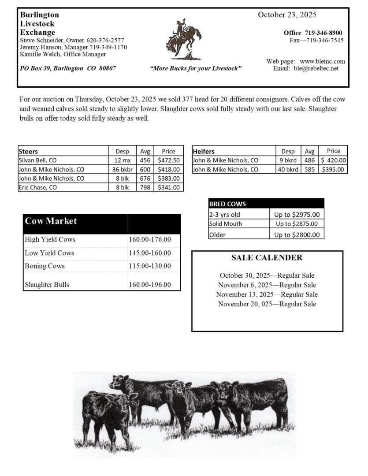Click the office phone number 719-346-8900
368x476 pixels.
(x=323, y=33)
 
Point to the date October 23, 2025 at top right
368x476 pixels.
(x=287, y=15)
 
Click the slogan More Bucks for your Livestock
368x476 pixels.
(x=196, y=69)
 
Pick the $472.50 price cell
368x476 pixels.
(x=168, y=160)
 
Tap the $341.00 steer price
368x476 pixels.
(x=168, y=187)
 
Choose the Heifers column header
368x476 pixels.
(x=204, y=151)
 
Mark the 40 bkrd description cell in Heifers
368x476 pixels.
(x=288, y=169)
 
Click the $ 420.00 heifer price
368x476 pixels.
(x=334, y=160)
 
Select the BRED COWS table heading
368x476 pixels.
(x=227, y=204)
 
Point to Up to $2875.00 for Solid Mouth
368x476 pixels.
(x=297, y=224)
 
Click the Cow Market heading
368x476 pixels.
(x=51, y=221)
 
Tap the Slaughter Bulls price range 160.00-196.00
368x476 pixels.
(x=150, y=285)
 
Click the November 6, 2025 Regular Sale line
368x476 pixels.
(x=267, y=285)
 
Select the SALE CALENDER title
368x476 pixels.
(x=267, y=258)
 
